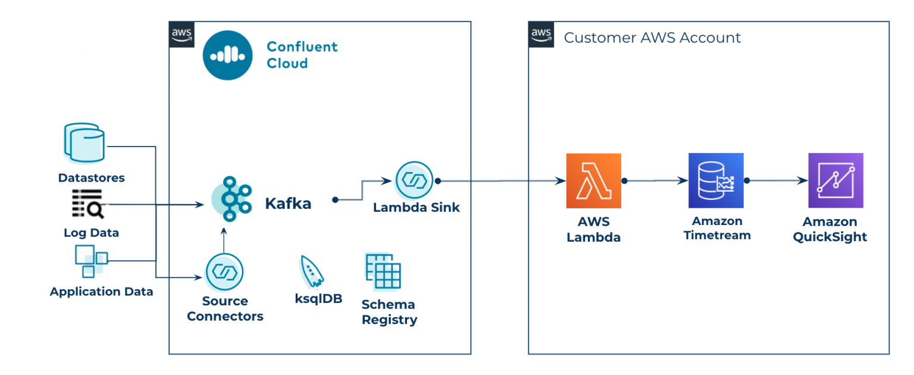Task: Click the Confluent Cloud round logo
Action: pos(227,55)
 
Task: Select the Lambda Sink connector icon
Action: pos(415,180)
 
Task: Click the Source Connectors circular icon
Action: pos(224,272)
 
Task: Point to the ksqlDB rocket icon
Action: pos(312,271)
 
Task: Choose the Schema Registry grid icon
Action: pos(383,271)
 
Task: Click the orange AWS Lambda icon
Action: pos(593,181)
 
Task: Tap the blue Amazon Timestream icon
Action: pos(716,181)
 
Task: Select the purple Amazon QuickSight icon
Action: pos(835,181)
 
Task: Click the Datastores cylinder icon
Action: pos(84,143)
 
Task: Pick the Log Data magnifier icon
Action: pos(87,204)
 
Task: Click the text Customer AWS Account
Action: pos(652,38)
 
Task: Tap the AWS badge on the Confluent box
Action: pos(181,35)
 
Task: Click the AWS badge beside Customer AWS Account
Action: pos(541,35)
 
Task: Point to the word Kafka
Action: pos(288,204)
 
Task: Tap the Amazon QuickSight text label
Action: pos(830,229)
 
